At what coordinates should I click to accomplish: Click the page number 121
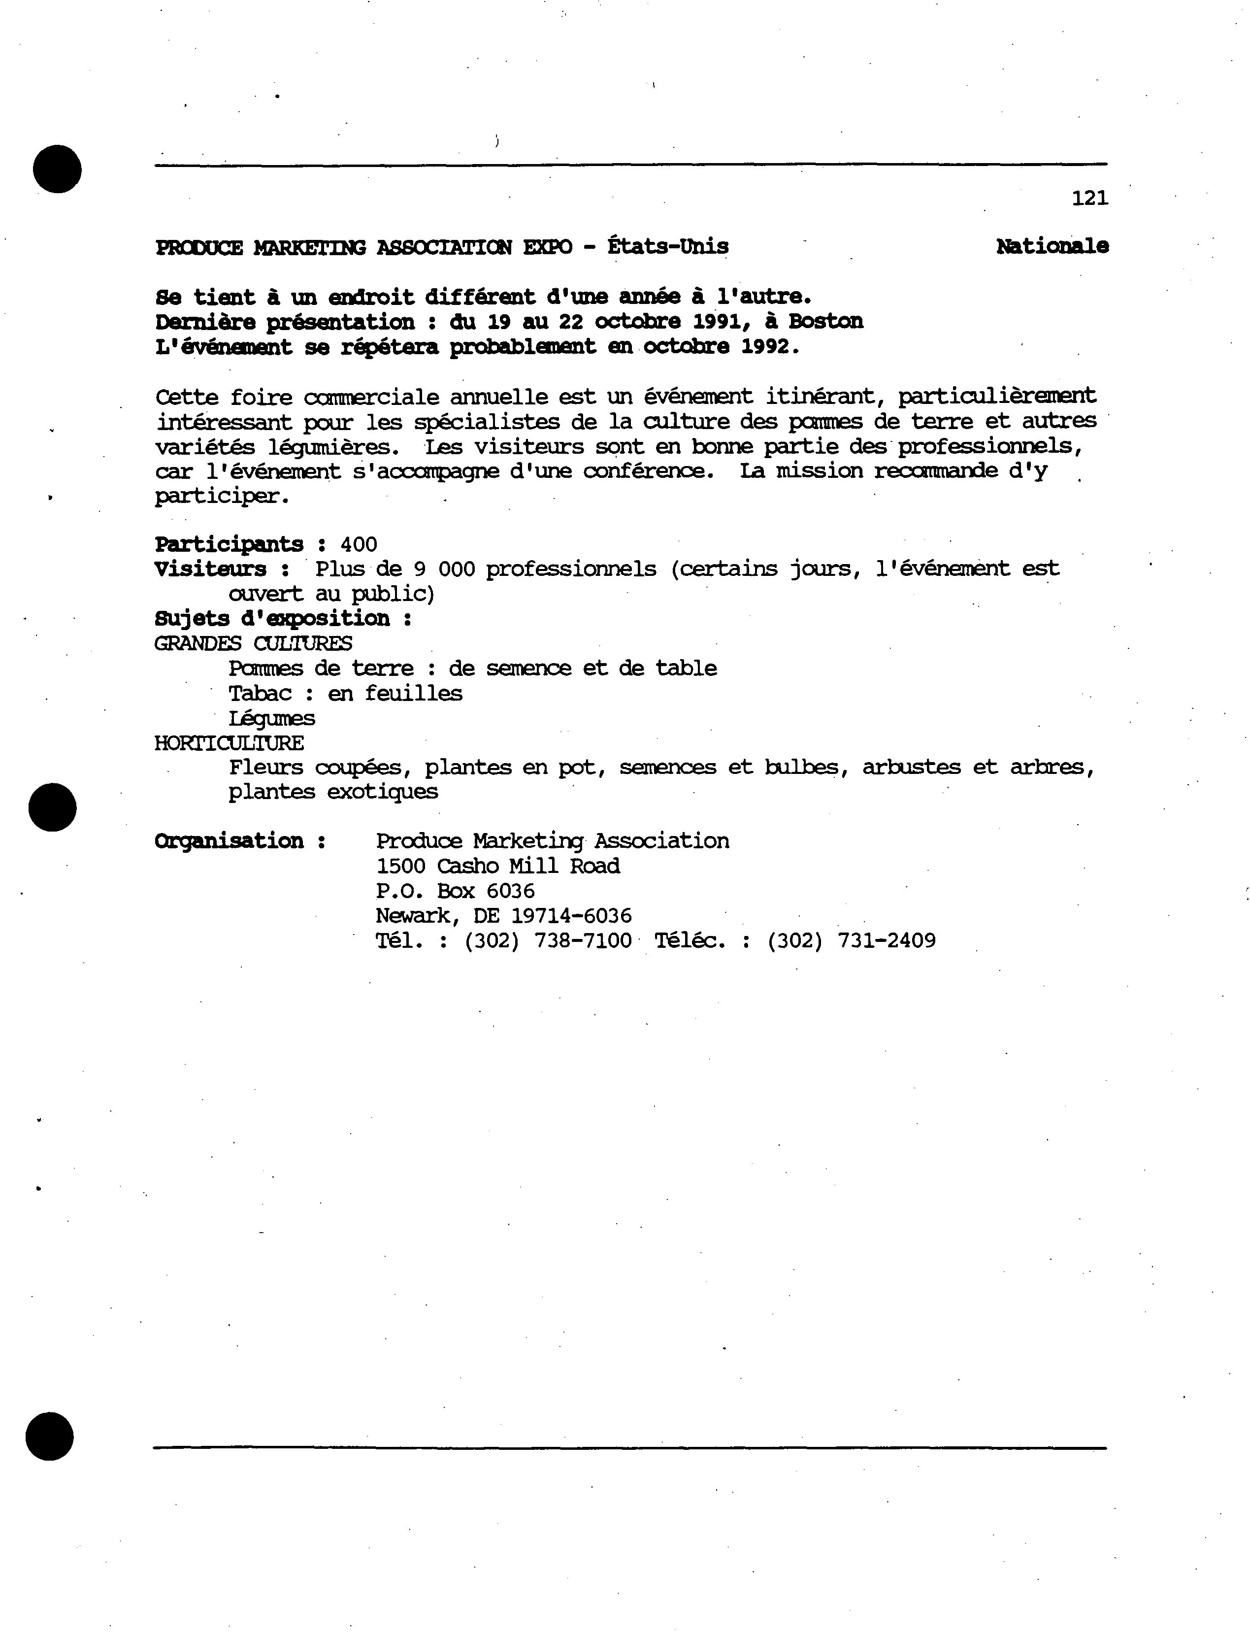[x=1089, y=198]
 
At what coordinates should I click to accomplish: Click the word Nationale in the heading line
[x=1052, y=246]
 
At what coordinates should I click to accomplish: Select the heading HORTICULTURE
[x=229, y=743]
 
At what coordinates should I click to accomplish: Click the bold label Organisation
[x=229, y=841]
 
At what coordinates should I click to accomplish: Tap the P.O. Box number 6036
[x=510, y=891]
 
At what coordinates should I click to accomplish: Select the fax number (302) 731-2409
[x=851, y=940]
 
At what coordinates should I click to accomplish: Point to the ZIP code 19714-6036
[x=571, y=915]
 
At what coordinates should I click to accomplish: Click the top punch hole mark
[x=57, y=169]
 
